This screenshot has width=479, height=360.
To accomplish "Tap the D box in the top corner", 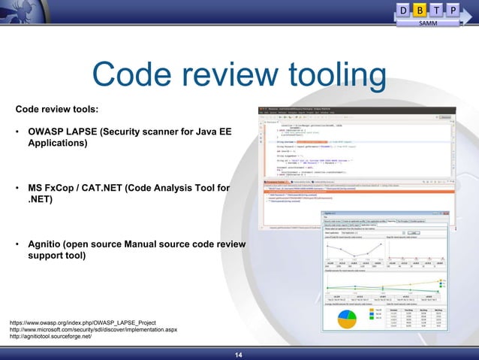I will [405, 10].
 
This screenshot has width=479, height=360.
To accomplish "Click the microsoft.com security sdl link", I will [93, 329].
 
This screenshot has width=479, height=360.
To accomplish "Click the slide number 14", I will [239, 354].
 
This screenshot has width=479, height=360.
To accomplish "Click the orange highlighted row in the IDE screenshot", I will [353, 191].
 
